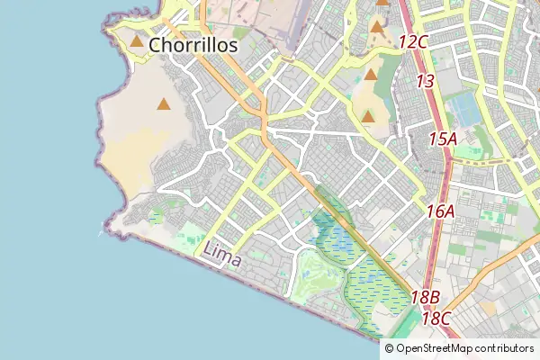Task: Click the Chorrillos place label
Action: [x=193, y=44]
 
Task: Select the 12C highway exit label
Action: [x=412, y=41]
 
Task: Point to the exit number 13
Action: [x=426, y=81]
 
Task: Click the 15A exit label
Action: [x=443, y=139]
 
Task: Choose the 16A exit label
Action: [x=441, y=211]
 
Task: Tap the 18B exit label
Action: [x=425, y=297]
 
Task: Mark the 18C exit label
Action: [x=436, y=318]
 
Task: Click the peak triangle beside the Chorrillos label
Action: [x=137, y=41]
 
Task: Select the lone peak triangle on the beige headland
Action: [x=163, y=104]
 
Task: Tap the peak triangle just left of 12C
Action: [x=377, y=27]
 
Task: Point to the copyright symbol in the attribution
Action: [x=389, y=347]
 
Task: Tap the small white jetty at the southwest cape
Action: [x=100, y=232]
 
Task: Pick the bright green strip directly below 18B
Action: [x=410, y=320]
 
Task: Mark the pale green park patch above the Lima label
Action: [x=191, y=241]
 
